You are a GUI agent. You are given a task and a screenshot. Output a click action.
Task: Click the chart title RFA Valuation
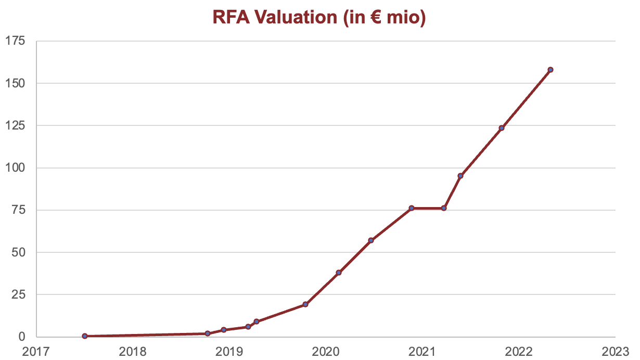pos(275,17)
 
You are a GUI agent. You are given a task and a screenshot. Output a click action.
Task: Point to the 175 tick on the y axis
pos(16,41)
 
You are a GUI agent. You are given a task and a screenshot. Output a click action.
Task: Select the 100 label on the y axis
pos(16,168)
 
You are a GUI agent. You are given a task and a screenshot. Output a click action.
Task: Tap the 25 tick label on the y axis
pos(19,294)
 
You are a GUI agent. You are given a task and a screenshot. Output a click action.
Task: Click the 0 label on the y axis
pos(22,337)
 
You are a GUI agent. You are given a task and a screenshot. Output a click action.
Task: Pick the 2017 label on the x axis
pos(36,352)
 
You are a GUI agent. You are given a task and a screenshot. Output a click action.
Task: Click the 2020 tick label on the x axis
pos(326,352)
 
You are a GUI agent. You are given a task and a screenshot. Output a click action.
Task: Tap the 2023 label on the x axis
pos(616,352)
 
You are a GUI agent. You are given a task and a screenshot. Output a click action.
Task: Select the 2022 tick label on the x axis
pos(519,352)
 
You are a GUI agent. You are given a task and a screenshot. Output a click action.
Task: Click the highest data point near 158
pos(551,70)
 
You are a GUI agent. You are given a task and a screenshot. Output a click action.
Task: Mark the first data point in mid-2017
pos(85,336)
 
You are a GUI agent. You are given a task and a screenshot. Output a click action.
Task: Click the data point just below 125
pos(502,128)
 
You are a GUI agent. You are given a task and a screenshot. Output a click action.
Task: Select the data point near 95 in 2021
pos(460,176)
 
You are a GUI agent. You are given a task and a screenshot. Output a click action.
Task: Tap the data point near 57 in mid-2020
pos(371,240)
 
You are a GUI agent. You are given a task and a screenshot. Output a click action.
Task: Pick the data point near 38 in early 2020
pos(339,273)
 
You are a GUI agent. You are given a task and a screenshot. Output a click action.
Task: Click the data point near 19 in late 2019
pos(305,304)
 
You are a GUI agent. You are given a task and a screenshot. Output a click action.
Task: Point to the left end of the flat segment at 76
pos(412,208)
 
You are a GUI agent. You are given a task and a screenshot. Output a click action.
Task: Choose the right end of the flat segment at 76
pos(444,208)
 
